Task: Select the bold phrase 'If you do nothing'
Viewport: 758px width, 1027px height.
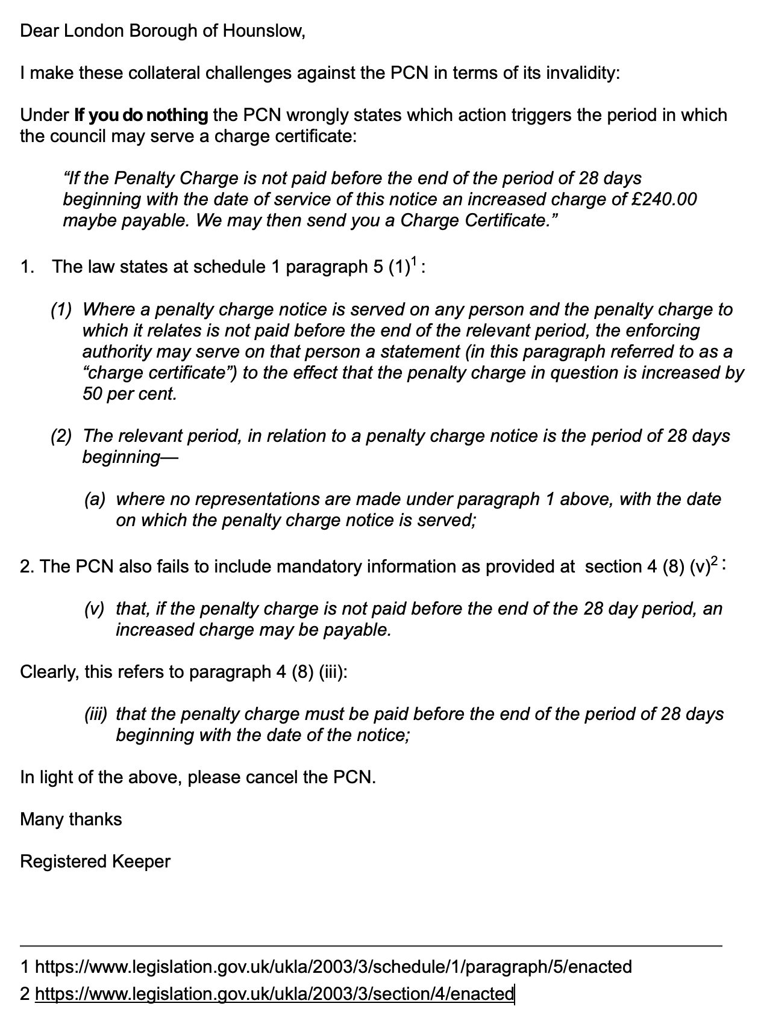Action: click(140, 115)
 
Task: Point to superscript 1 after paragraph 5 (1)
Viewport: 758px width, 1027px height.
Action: click(414, 261)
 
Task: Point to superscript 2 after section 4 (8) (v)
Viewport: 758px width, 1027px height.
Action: click(714, 562)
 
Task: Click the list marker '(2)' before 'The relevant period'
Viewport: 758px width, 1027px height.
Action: click(61, 436)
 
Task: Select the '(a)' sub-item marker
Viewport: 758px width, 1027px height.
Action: click(95, 499)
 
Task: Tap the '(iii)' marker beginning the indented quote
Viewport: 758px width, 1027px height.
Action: click(96, 714)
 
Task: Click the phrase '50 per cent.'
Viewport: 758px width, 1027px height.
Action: click(130, 394)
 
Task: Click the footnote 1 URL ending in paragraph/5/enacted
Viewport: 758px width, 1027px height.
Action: click(333, 967)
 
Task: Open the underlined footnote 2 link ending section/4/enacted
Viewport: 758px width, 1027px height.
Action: click(274, 994)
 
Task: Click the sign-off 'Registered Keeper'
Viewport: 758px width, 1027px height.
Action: click(95, 861)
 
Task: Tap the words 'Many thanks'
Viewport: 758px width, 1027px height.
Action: click(71, 819)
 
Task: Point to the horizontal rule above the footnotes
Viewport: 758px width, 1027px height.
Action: click(371, 946)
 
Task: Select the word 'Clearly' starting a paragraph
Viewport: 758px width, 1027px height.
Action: click(48, 672)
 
